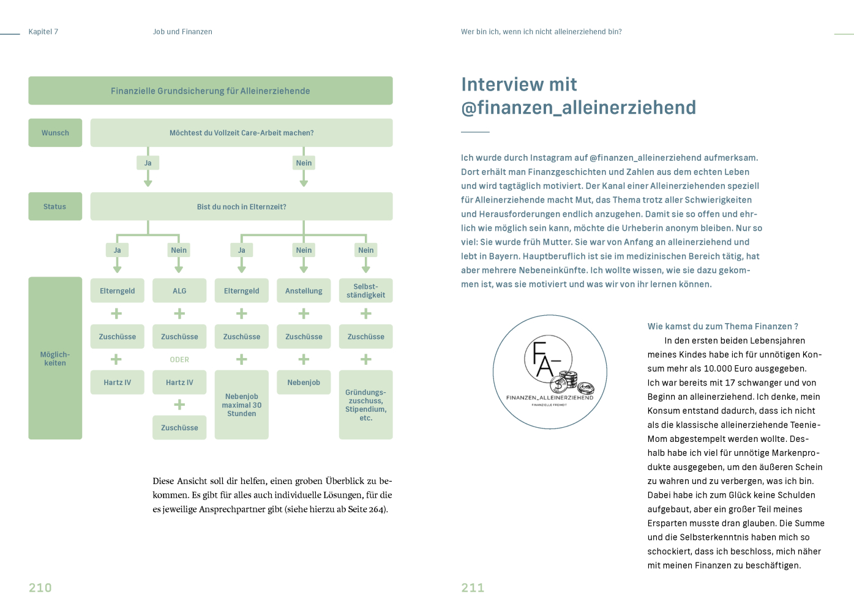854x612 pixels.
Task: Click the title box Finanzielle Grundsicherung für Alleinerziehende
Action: [x=210, y=91]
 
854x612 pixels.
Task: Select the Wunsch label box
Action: [x=55, y=133]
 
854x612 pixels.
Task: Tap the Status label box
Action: [x=55, y=207]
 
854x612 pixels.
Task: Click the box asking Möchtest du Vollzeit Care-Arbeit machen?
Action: [x=241, y=133]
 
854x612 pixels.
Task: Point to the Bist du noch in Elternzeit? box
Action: [x=241, y=207]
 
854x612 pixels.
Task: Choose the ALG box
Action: [x=179, y=291]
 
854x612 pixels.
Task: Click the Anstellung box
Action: [x=304, y=291]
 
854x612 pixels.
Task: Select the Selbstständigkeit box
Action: [x=365, y=291]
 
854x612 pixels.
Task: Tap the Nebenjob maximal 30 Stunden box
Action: [x=242, y=405]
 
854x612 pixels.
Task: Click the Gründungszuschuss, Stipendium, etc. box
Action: [x=365, y=405]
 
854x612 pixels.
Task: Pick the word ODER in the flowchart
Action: [x=179, y=360]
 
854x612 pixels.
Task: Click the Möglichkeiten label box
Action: [x=55, y=358]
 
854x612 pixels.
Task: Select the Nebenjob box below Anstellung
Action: [x=304, y=382]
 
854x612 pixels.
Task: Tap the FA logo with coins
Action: [x=550, y=371]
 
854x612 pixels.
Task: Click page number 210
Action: [x=40, y=588]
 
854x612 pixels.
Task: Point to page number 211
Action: [x=473, y=588]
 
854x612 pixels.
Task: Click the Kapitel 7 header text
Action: [x=43, y=32]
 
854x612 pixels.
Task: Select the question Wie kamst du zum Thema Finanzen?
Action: [x=722, y=327]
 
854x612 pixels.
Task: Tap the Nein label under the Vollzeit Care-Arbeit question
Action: [x=304, y=163]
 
